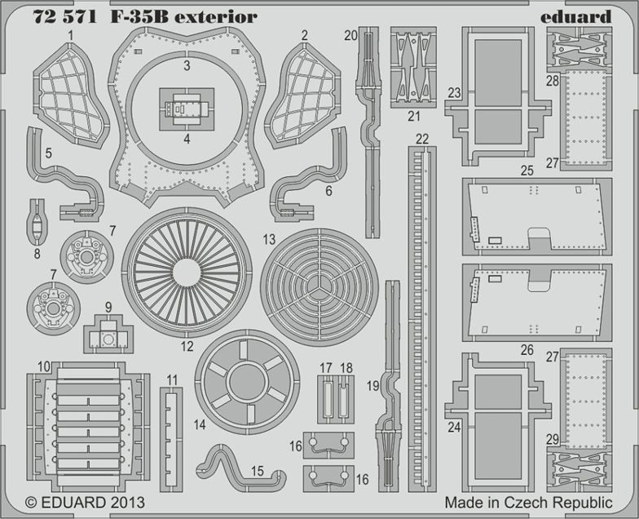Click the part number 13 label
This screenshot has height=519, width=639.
tap(269, 239)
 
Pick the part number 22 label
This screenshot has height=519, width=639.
tap(421, 139)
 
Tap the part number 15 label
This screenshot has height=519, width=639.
tap(258, 471)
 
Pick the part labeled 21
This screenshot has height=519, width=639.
tap(414, 67)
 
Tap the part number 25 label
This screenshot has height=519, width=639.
tap(527, 171)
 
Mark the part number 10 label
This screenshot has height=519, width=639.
tap(43, 366)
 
